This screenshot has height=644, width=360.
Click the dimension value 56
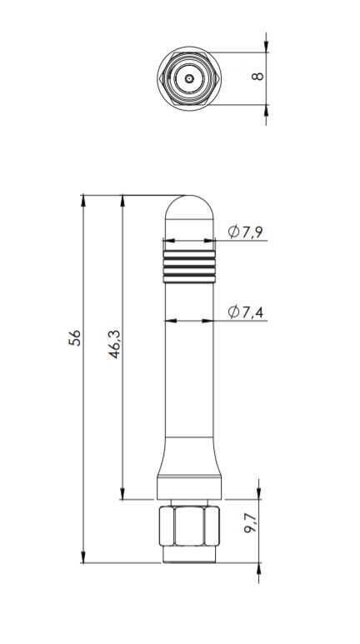(x=74, y=337)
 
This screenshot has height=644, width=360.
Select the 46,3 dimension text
(x=114, y=343)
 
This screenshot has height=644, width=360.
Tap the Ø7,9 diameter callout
(x=245, y=232)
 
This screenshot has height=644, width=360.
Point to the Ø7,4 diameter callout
(x=245, y=312)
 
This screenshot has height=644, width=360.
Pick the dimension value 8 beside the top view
(x=257, y=76)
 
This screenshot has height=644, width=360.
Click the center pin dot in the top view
(x=189, y=78)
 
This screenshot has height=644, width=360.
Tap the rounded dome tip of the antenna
(x=189, y=207)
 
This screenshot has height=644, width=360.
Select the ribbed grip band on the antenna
(x=189, y=267)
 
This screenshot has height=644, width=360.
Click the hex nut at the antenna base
(x=189, y=526)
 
